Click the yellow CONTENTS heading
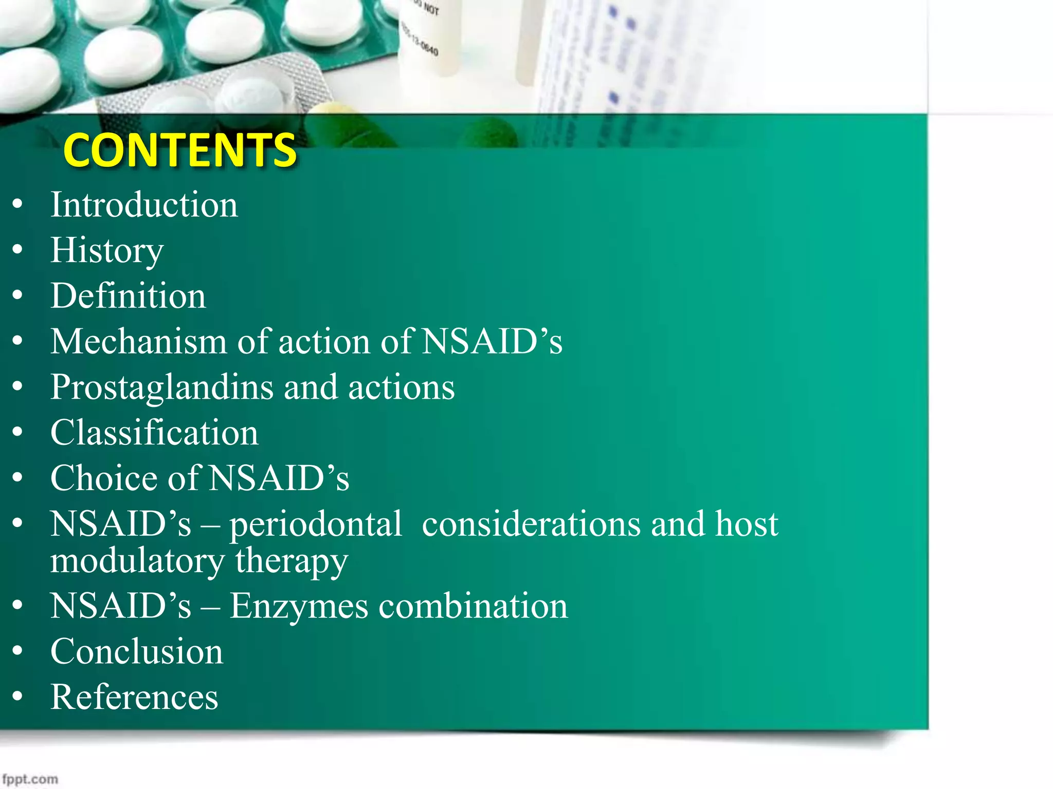[x=179, y=150]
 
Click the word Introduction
[x=144, y=204]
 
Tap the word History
[x=107, y=251]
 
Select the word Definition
[x=128, y=296]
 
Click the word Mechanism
[x=138, y=342]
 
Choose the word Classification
[x=154, y=433]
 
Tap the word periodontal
[x=316, y=524]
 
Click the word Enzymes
[x=299, y=606]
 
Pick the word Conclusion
[x=137, y=651]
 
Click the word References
[x=134, y=697]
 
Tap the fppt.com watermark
[x=30, y=779]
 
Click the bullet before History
[x=18, y=250]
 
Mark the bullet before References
[x=18, y=697]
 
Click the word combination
[x=473, y=606]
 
